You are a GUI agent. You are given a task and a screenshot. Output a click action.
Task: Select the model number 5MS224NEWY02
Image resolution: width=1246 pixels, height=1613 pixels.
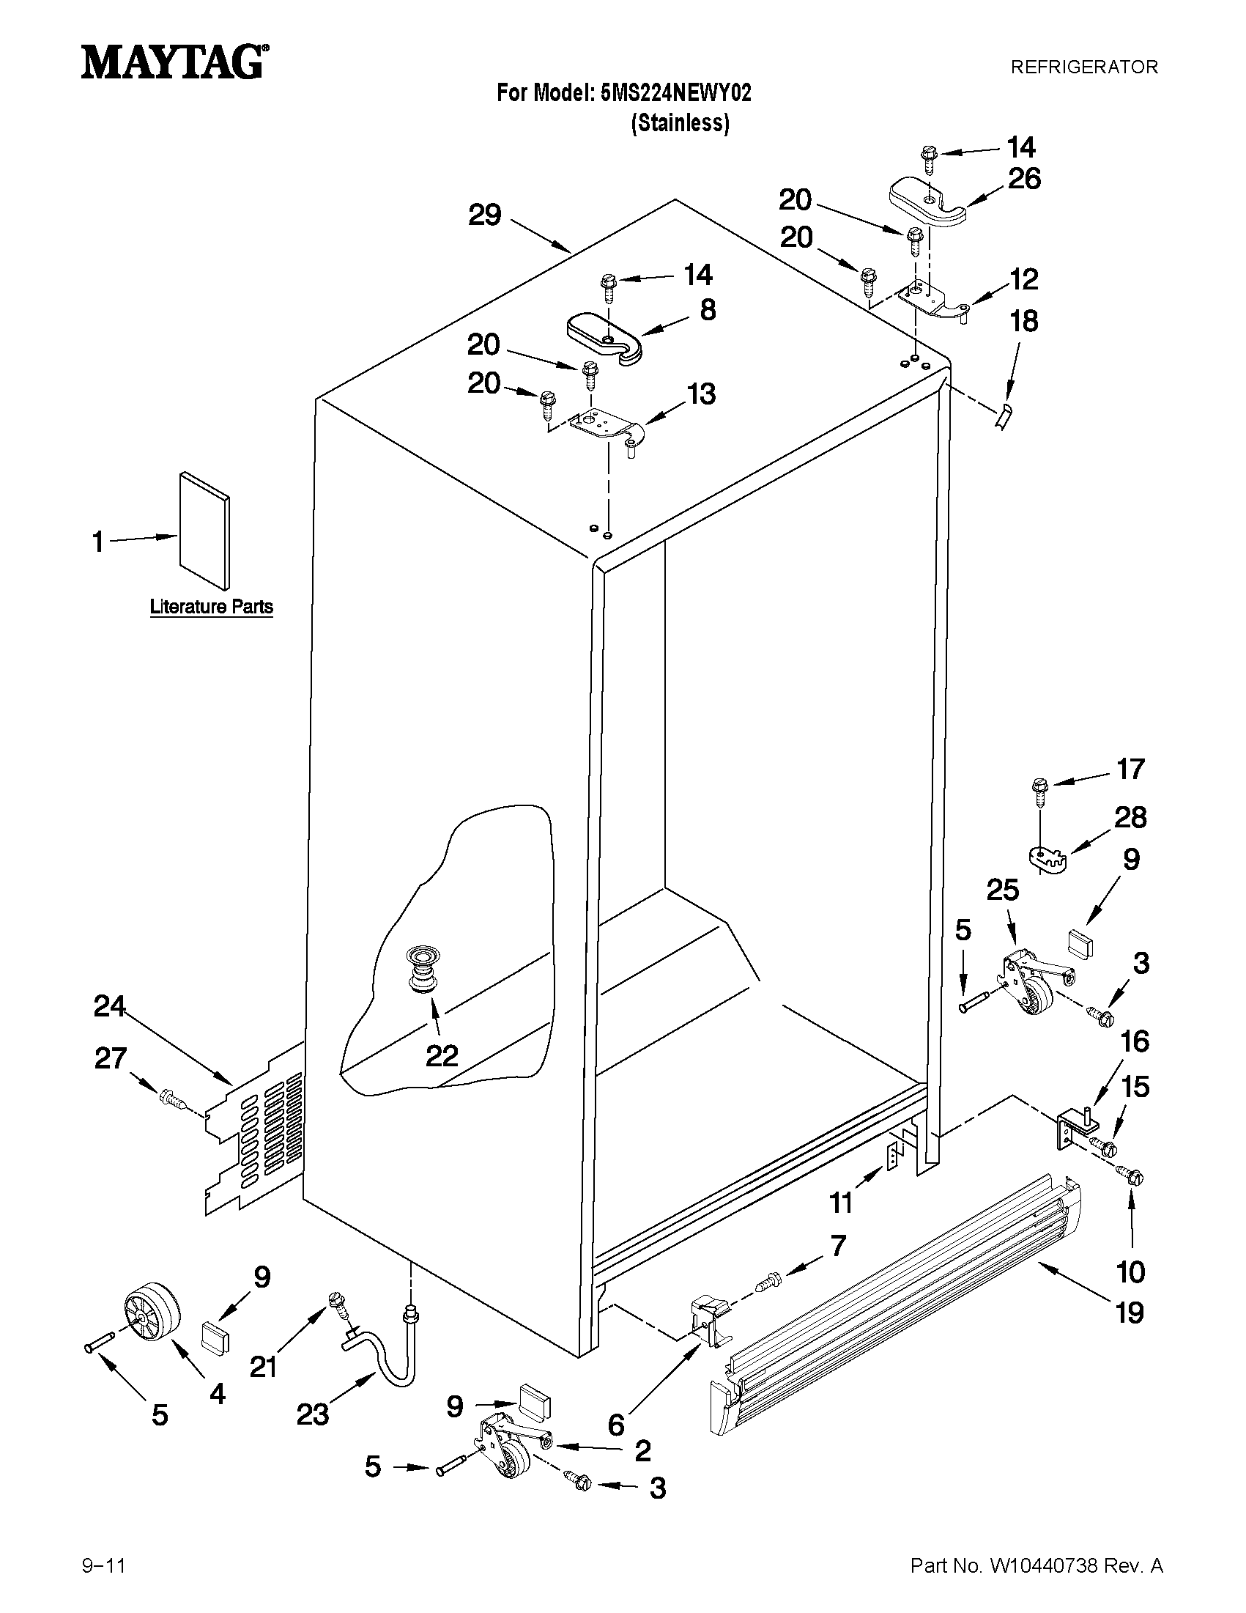click(676, 94)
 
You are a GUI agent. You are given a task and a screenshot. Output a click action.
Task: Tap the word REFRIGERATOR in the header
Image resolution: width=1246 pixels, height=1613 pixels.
click(1083, 67)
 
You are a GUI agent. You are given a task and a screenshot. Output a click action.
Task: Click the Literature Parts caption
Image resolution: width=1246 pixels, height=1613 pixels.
click(211, 607)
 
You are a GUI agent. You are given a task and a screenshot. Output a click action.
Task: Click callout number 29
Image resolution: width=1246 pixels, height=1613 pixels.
click(485, 215)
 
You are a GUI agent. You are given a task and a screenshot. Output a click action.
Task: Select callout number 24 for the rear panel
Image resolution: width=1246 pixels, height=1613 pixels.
click(109, 1007)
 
